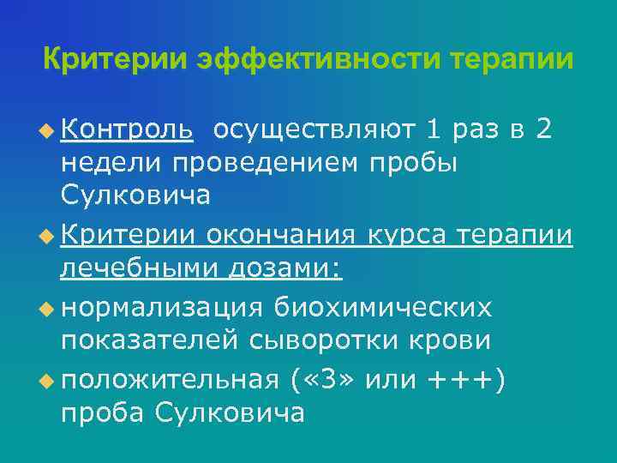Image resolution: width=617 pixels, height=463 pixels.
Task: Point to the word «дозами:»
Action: coord(285,269)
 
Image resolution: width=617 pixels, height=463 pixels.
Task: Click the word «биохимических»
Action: coord(383,305)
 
